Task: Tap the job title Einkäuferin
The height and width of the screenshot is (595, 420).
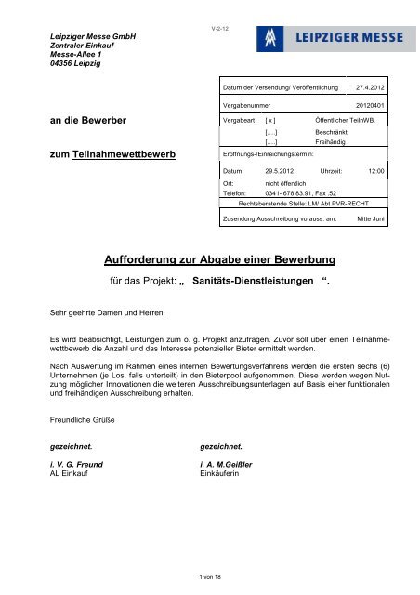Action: click(x=213, y=472)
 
